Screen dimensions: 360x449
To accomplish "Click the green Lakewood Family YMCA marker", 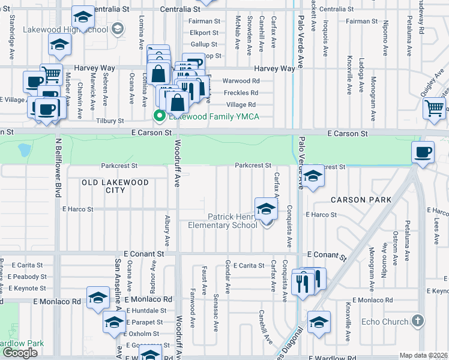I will (159, 116).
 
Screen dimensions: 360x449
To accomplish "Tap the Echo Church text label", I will (385, 322).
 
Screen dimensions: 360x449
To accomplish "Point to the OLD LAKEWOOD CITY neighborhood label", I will (115, 186).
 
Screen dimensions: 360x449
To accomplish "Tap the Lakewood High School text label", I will (65, 29).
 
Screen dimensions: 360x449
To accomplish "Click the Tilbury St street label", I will (110, 121).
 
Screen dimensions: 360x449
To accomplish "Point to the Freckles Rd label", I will (240, 93).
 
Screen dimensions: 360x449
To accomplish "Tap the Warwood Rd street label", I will (241, 81).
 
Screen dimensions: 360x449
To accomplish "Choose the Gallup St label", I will (203, 44).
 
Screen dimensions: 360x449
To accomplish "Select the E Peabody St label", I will (26, 277).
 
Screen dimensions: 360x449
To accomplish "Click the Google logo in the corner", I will (20, 352).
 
